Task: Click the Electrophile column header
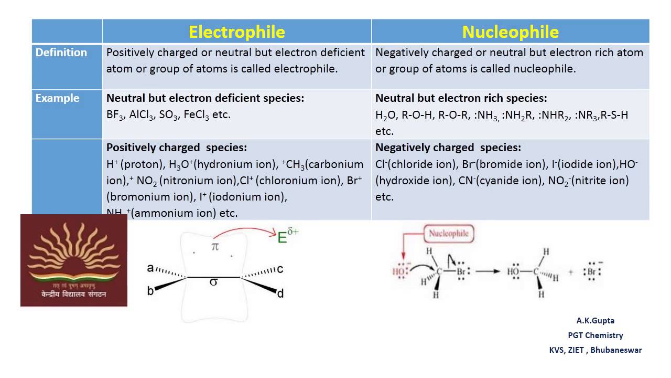237,32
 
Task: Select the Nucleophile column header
510,32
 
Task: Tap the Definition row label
61,52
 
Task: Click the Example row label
58,98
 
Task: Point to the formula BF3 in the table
114,115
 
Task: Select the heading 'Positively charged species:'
177,148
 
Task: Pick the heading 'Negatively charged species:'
448,148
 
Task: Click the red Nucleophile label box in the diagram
448,234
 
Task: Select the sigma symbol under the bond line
213,282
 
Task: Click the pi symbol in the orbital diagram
215,246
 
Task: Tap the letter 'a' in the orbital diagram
150,268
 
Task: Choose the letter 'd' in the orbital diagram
280,293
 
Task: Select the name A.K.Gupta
595,321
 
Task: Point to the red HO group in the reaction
400,271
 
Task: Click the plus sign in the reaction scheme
570,272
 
